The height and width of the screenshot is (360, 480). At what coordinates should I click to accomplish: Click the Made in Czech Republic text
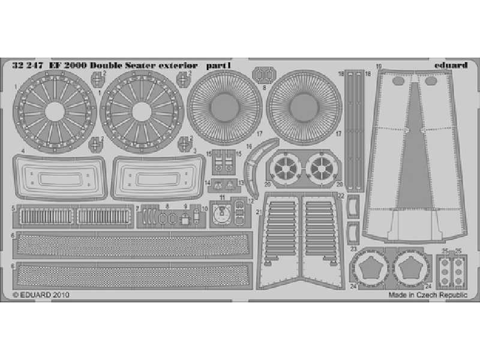pos(427,295)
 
